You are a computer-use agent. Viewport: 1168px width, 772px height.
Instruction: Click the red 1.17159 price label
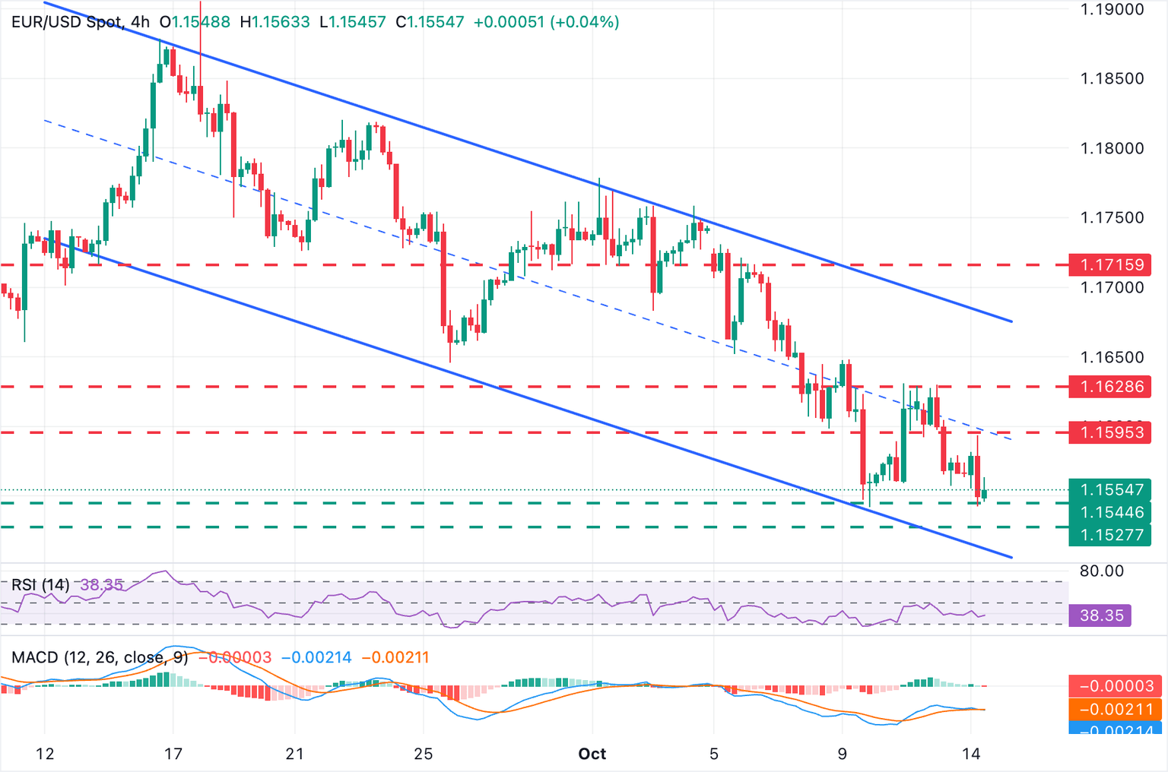tap(1110, 265)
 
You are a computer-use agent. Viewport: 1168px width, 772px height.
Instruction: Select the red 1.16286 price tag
tap(1110, 387)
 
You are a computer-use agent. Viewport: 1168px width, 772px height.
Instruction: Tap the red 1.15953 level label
tap(1110, 433)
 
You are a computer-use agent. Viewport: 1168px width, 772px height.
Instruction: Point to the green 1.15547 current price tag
tap(1110, 490)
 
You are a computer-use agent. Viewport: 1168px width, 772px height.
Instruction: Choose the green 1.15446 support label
tap(1110, 512)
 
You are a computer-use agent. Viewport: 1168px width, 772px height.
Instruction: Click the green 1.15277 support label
tap(1110, 535)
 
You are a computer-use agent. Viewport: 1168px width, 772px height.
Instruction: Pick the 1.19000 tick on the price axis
tap(1112, 9)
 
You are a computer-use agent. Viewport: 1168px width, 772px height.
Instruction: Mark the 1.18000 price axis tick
tap(1112, 148)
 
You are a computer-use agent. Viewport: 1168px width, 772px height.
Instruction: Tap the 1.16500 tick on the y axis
tap(1112, 357)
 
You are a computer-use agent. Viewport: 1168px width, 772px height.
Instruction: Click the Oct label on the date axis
tap(592, 754)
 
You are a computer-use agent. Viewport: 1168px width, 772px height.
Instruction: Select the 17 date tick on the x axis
tap(173, 754)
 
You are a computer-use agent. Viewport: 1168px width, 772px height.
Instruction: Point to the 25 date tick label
tap(423, 754)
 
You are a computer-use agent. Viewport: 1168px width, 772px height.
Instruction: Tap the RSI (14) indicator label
tap(40, 585)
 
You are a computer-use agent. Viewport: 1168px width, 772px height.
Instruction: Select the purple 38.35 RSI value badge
tap(1100, 615)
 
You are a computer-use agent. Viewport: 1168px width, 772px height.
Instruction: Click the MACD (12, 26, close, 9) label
tap(100, 657)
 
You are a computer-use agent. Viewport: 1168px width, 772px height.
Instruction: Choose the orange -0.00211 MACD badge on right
tap(1116, 710)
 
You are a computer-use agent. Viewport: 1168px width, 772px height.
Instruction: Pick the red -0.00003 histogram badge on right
tap(1116, 686)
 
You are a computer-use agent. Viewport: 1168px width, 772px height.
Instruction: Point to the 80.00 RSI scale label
tap(1101, 571)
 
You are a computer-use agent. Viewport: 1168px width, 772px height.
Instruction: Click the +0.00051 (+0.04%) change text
tap(546, 22)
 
